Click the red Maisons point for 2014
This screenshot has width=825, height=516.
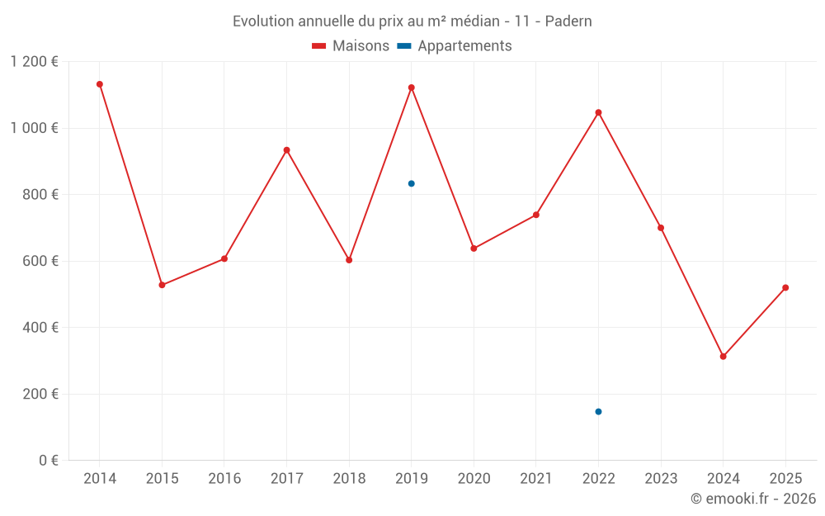tap(100, 84)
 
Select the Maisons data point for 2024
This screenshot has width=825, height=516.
tap(723, 357)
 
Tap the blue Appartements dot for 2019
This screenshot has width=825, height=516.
tap(411, 183)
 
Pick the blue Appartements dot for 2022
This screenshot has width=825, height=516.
tap(598, 411)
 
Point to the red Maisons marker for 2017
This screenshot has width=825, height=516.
tap(286, 150)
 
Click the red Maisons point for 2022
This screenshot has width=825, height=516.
tap(598, 112)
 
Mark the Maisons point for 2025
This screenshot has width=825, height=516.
tap(785, 287)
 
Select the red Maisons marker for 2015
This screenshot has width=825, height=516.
tap(162, 285)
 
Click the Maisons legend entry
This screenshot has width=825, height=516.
tap(351, 46)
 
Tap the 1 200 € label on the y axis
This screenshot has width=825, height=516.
tap(35, 62)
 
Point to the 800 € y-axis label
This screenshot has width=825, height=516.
tap(41, 195)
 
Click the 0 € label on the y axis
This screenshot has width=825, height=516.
tap(48, 461)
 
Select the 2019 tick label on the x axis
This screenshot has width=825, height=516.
tap(411, 479)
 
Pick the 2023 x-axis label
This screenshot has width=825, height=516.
tap(661, 479)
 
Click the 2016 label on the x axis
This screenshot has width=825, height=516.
tap(224, 479)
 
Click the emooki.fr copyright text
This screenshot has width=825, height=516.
tap(753, 499)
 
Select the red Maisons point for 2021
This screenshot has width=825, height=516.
tap(536, 215)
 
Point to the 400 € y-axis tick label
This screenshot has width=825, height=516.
tap(41, 328)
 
